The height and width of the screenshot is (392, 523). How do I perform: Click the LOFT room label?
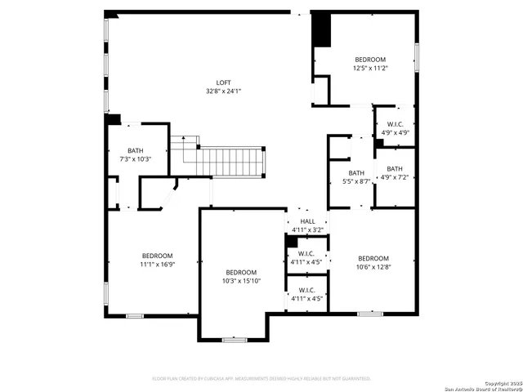pyautogui.click(x=223, y=82)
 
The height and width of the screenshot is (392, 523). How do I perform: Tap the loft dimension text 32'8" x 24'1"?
pyautogui.click(x=223, y=91)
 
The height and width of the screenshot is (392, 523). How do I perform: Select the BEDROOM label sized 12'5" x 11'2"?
pyautogui.click(x=370, y=60)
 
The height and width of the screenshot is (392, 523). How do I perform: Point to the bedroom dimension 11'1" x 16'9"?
pyautogui.click(x=157, y=264)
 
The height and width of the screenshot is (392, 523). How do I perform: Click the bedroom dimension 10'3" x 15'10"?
pyautogui.click(x=241, y=281)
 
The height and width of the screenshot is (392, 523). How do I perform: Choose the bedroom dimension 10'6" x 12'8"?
pyautogui.click(x=373, y=266)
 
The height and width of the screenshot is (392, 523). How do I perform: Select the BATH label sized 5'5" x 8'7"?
pyautogui.click(x=356, y=172)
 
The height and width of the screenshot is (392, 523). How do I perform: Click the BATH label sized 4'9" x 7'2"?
pyautogui.click(x=395, y=168)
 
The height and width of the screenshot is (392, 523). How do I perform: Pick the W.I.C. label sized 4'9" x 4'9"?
pyautogui.click(x=395, y=125)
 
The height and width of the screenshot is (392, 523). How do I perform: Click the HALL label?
pyautogui.click(x=307, y=221)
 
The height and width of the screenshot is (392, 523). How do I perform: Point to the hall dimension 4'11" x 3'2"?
pyautogui.click(x=307, y=230)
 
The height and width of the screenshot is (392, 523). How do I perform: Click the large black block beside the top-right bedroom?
pyautogui.click(x=322, y=31)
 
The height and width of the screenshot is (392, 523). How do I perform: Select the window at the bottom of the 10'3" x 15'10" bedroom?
pyautogui.click(x=235, y=339)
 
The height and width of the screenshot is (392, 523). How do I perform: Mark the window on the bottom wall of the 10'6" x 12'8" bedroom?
pyautogui.click(x=370, y=313)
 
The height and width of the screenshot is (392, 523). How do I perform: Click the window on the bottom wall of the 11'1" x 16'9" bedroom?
pyautogui.click(x=135, y=315)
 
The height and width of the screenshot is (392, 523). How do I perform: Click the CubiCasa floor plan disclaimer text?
pyautogui.click(x=261, y=379)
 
